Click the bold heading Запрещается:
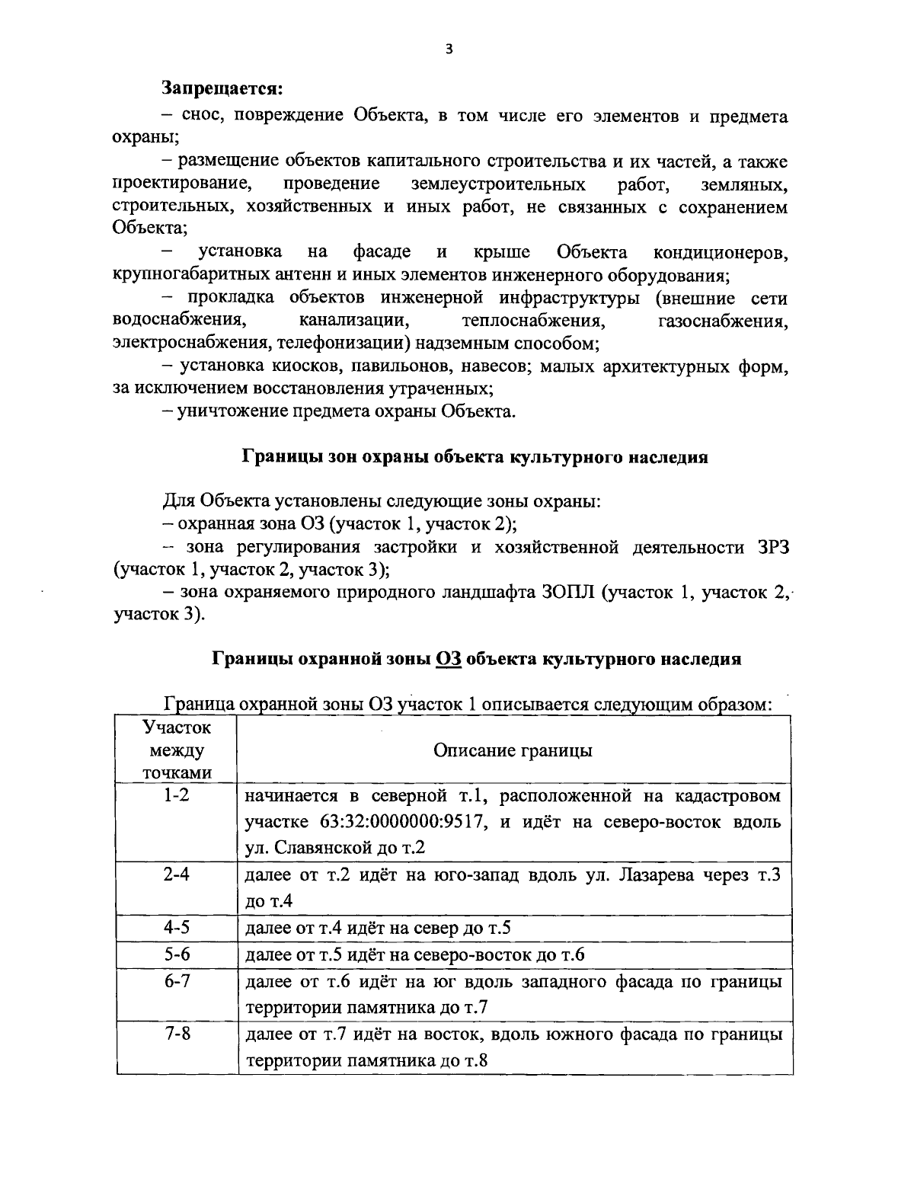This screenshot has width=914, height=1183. coord(222,88)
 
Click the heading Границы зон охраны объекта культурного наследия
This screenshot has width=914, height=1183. coord(475,458)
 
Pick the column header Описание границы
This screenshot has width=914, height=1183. coord(513,750)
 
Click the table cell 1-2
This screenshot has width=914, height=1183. coord(177,797)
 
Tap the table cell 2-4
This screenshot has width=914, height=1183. coord(177,875)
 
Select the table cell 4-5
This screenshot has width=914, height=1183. coord(177,928)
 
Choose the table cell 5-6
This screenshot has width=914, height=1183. coord(177,954)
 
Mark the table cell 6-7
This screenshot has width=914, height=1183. coord(177,981)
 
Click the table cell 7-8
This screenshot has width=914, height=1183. coord(177,1034)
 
